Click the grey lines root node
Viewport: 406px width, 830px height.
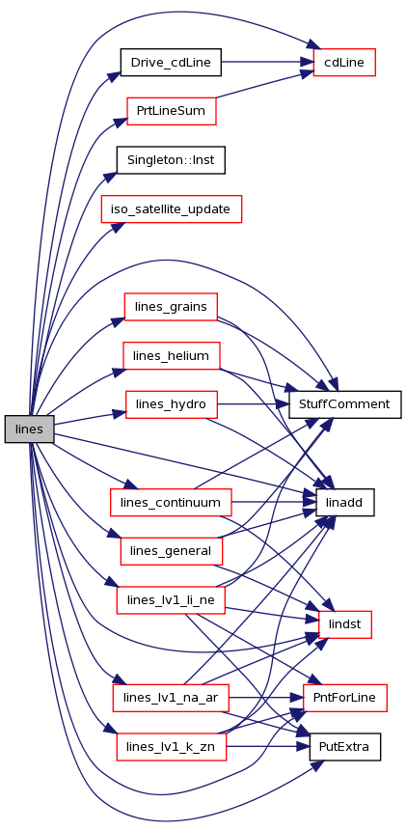coord(30,429)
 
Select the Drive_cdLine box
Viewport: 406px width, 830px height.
coord(171,63)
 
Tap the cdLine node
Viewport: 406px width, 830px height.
coord(344,63)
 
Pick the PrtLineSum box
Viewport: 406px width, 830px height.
coord(172,111)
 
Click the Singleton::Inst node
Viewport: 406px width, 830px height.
coord(171,160)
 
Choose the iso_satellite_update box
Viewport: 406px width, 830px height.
coord(172,208)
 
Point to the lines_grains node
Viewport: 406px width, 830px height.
coord(171,307)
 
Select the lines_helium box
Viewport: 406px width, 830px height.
coord(172,356)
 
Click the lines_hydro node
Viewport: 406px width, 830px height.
coord(172,405)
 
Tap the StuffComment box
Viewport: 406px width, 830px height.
coord(344,405)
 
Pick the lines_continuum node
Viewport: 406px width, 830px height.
coord(171,502)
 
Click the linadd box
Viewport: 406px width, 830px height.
coord(344,502)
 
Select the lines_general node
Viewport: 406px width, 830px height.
coord(172,551)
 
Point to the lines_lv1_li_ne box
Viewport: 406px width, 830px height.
coord(171,600)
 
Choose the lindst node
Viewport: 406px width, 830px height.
coord(345,624)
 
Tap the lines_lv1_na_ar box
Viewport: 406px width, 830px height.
coord(171,698)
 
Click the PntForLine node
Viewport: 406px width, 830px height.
coord(344,698)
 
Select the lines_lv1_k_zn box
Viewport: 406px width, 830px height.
coord(172,747)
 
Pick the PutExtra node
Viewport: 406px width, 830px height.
coord(344,747)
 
